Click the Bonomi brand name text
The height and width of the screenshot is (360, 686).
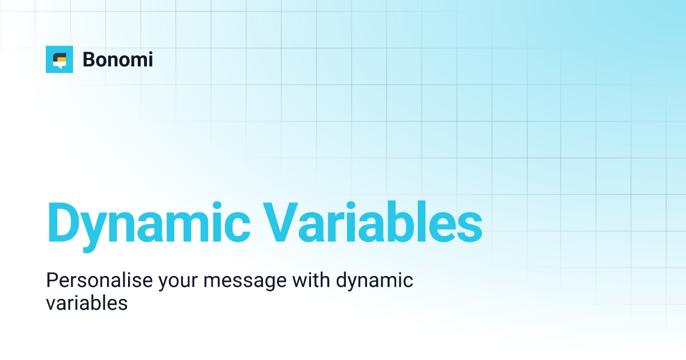(118, 59)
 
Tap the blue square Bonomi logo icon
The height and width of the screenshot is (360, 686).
(59, 59)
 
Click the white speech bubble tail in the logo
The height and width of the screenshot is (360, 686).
(57, 66)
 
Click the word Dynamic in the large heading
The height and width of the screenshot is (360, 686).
(148, 222)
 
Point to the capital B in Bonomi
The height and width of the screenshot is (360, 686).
(89, 59)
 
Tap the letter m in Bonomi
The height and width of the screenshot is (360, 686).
(131, 61)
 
